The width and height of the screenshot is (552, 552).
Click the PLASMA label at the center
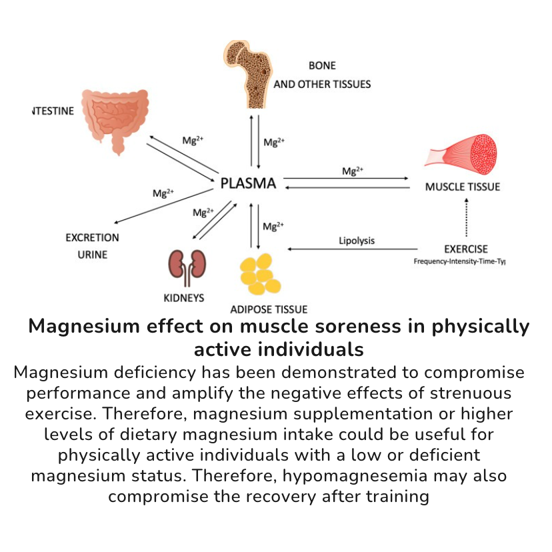click(248, 183)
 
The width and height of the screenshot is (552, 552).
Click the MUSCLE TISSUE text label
click(463, 187)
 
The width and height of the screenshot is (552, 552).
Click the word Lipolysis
click(357, 241)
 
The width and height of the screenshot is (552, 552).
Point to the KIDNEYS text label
click(184, 297)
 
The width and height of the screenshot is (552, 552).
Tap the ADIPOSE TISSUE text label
click(269, 309)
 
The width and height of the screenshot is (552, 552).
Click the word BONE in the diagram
click(322, 66)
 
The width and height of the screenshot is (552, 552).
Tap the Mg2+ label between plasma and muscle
click(353, 171)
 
